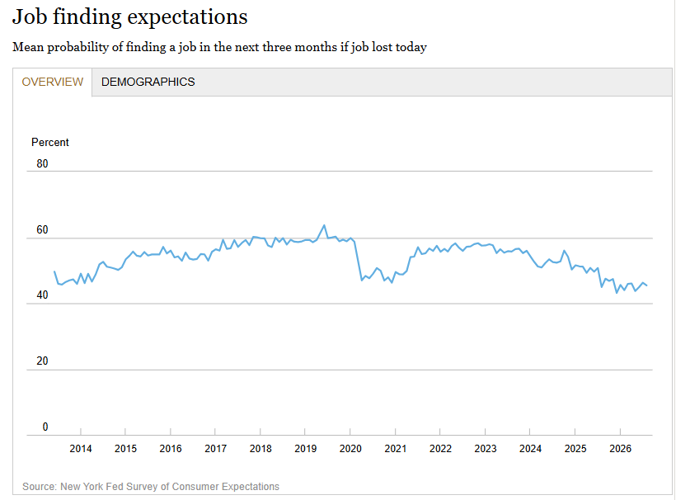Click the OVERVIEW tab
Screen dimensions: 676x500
52,82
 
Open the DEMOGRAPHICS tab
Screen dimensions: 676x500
148,82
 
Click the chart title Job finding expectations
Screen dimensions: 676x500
129,17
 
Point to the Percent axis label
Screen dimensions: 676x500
50,143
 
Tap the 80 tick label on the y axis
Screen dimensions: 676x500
42,164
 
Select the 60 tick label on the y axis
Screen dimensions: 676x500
42,229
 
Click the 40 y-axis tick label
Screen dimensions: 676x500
42,295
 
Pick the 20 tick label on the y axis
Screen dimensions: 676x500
42,361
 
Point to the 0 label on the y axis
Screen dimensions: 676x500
45,427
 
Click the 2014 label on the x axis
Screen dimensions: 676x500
81,449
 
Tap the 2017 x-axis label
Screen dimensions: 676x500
215,449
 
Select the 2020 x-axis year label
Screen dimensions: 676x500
350,449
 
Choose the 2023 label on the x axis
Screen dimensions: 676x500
486,449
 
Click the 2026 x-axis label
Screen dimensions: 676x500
621,449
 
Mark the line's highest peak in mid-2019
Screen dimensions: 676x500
324,225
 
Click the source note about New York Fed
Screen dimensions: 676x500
151,487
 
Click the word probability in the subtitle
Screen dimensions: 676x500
78,47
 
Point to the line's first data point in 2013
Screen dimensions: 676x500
54,271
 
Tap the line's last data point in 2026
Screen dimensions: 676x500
646,285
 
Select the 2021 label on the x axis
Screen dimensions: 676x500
396,449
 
